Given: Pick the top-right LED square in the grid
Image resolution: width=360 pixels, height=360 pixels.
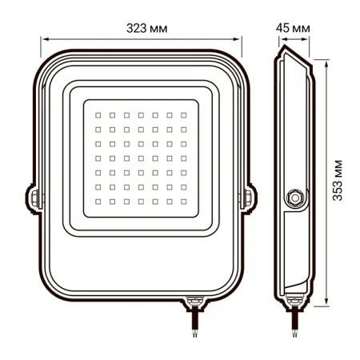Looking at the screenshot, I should coord(183,114).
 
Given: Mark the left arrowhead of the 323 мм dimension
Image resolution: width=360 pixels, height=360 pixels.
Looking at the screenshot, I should coord(44,38).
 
